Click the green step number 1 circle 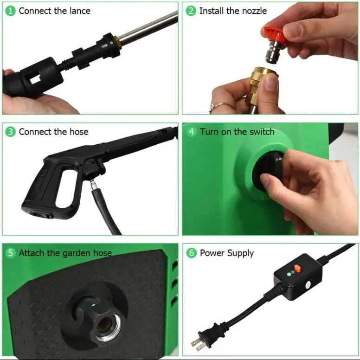point(10,11)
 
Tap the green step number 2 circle point(191,11)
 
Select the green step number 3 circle point(10,132)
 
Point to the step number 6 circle point(192,253)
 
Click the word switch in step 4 point(262,132)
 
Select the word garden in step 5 point(77,253)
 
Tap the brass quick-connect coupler point(259,85)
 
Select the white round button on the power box point(307,285)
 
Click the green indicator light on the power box point(289,274)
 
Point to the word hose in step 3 point(79,132)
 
